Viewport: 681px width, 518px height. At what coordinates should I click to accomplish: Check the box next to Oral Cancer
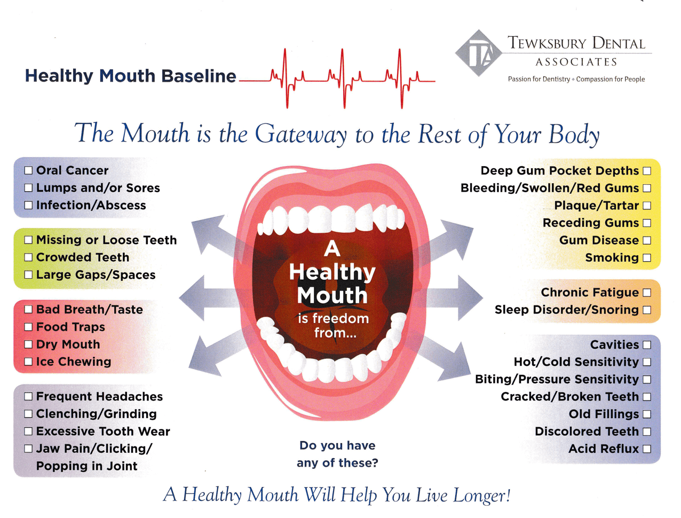coord(28,170)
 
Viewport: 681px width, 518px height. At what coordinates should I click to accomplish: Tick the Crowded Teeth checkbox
coord(28,257)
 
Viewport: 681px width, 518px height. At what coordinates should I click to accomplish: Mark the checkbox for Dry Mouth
coord(28,344)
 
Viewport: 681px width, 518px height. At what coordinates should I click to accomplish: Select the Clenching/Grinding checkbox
coord(28,414)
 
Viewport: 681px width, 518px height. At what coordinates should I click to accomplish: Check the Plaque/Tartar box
coord(647,206)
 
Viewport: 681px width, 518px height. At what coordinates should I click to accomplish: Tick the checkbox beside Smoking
coord(647,258)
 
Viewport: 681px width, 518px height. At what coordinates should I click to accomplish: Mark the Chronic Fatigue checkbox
coord(647,293)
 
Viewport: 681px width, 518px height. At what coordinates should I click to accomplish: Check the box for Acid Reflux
coord(647,449)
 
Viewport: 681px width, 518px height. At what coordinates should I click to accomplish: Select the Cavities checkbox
coord(647,345)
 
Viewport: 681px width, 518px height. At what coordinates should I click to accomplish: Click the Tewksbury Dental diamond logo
coord(479,53)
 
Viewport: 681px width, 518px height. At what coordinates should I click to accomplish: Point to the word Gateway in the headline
coord(301,134)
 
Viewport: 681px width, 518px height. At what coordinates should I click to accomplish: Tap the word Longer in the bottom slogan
coord(481,496)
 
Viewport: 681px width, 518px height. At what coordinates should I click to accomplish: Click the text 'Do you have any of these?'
coord(337,454)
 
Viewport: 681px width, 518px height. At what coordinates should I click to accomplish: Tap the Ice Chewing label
coord(74,362)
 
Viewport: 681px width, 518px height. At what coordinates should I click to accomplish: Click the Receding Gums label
coord(590,223)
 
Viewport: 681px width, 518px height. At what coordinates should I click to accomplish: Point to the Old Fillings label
coord(604,414)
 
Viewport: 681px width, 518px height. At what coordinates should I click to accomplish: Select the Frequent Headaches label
coord(99,396)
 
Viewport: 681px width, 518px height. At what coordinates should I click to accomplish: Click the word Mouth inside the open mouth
coord(332,295)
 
